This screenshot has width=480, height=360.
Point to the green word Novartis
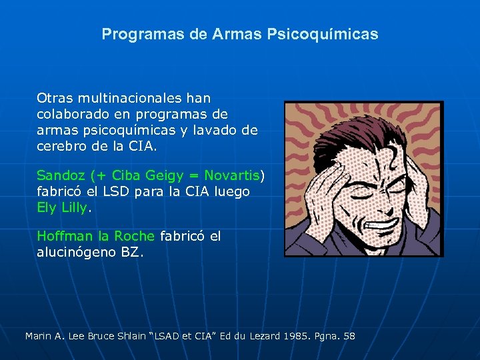231,176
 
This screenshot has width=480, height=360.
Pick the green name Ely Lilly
61,207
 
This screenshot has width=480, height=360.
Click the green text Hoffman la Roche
95,237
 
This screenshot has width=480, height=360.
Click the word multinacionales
128,97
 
